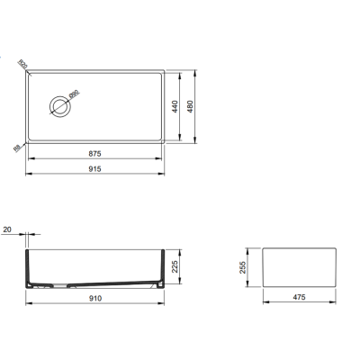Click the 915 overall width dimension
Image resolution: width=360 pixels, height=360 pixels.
pos(94,168)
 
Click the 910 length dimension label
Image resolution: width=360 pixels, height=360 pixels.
pos(94,298)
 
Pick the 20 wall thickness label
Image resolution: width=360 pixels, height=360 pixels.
pos(8,230)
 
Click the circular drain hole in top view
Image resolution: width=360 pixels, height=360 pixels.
pos(60,104)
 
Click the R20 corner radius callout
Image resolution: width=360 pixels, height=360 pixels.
pos(22,64)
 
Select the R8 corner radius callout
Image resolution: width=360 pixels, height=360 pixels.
pos(17,148)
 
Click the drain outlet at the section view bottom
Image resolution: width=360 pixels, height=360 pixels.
pos(55,286)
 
